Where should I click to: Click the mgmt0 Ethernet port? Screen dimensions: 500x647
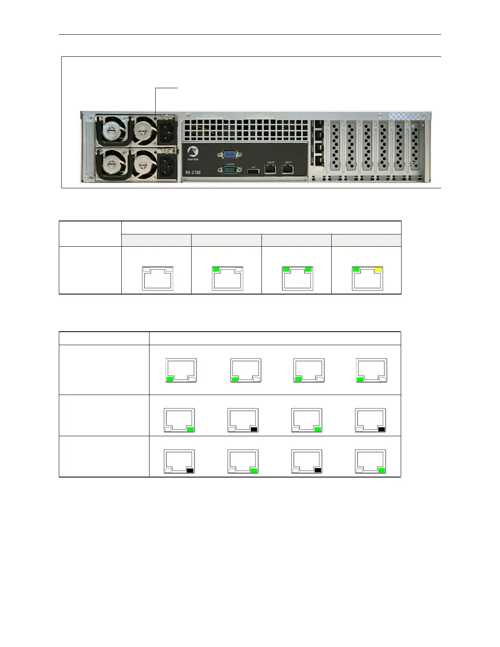pos(270,169)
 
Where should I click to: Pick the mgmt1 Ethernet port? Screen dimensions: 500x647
pos(288,169)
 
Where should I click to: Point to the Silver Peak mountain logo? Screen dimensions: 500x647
pos(192,150)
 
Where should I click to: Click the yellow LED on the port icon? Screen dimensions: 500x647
pos(378,270)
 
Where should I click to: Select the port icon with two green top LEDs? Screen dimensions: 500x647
pos(297,278)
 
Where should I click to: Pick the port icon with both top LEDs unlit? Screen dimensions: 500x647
pos(157,278)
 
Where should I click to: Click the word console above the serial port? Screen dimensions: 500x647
pos(230,163)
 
